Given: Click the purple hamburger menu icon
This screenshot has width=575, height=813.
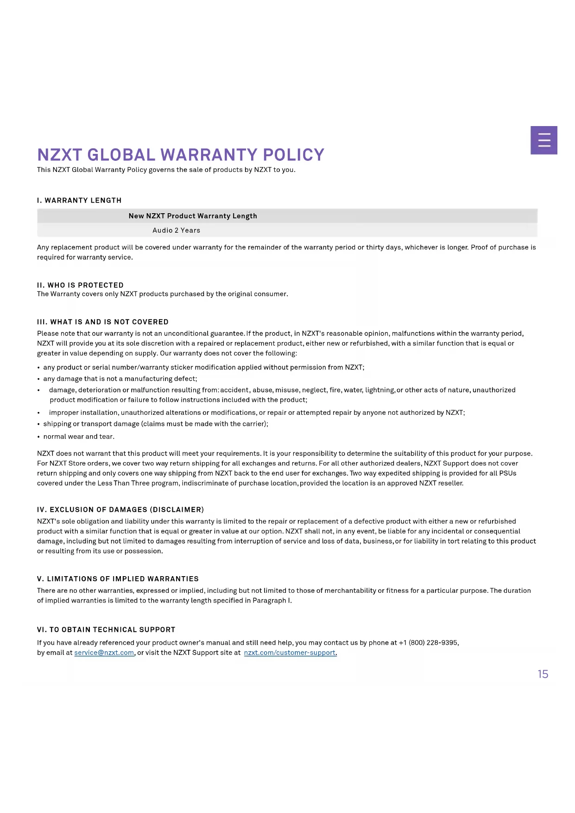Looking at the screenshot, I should coord(543,140).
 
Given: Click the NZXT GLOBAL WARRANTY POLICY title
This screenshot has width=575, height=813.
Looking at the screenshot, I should coord(181,155).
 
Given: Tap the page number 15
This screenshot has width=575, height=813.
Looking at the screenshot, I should coord(543,674).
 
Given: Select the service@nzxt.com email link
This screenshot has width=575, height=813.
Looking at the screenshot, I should coord(104,653).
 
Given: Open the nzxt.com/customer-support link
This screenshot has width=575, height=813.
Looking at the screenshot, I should coord(290,653).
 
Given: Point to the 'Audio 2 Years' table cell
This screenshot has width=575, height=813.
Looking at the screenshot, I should coord(176,230).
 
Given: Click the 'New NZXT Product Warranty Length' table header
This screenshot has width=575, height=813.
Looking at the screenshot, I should coord(193,216).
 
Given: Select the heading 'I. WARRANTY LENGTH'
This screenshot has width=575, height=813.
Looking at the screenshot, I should coord(79,200).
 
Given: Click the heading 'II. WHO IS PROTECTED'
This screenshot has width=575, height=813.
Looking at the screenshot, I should coord(80,285).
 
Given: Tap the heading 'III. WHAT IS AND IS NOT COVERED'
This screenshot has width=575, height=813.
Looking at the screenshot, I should coord(103,322).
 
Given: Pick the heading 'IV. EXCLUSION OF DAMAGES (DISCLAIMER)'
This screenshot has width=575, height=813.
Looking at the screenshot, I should coord(120,509).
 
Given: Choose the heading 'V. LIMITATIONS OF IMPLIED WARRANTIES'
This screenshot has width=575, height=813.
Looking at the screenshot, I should coord(118,578).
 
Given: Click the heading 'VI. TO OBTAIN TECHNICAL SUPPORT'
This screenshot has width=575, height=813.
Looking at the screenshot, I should coord(106,629).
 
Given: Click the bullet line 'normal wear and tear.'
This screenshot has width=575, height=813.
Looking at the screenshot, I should coord(79,436).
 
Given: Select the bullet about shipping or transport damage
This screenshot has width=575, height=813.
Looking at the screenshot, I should coord(156,424).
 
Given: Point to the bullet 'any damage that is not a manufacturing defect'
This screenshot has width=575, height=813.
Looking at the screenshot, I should coord(120,379).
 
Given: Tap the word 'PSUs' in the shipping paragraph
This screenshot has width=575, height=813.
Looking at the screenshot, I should coord(508,473).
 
